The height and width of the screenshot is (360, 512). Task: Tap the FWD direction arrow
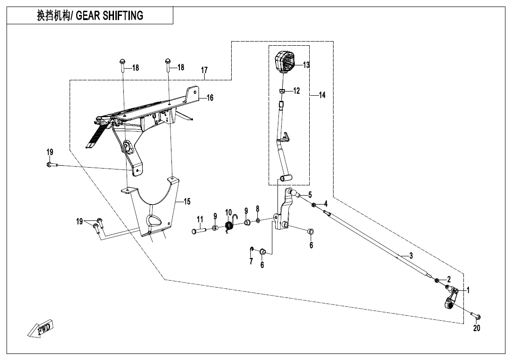coord(42,328)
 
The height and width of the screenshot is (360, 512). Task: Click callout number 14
coord(322,95)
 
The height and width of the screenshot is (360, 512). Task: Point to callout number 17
coord(204,71)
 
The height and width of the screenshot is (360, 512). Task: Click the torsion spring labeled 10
coord(229,226)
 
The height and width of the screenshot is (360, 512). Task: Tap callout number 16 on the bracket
coord(210,98)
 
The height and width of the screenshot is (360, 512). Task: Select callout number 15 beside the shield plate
coord(187,202)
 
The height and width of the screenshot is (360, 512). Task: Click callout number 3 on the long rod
coord(411,256)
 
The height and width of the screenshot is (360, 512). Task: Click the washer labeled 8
coord(257,219)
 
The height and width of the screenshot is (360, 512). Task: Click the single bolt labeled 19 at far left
coord(51,165)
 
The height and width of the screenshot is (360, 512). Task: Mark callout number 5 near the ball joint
coord(309,195)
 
